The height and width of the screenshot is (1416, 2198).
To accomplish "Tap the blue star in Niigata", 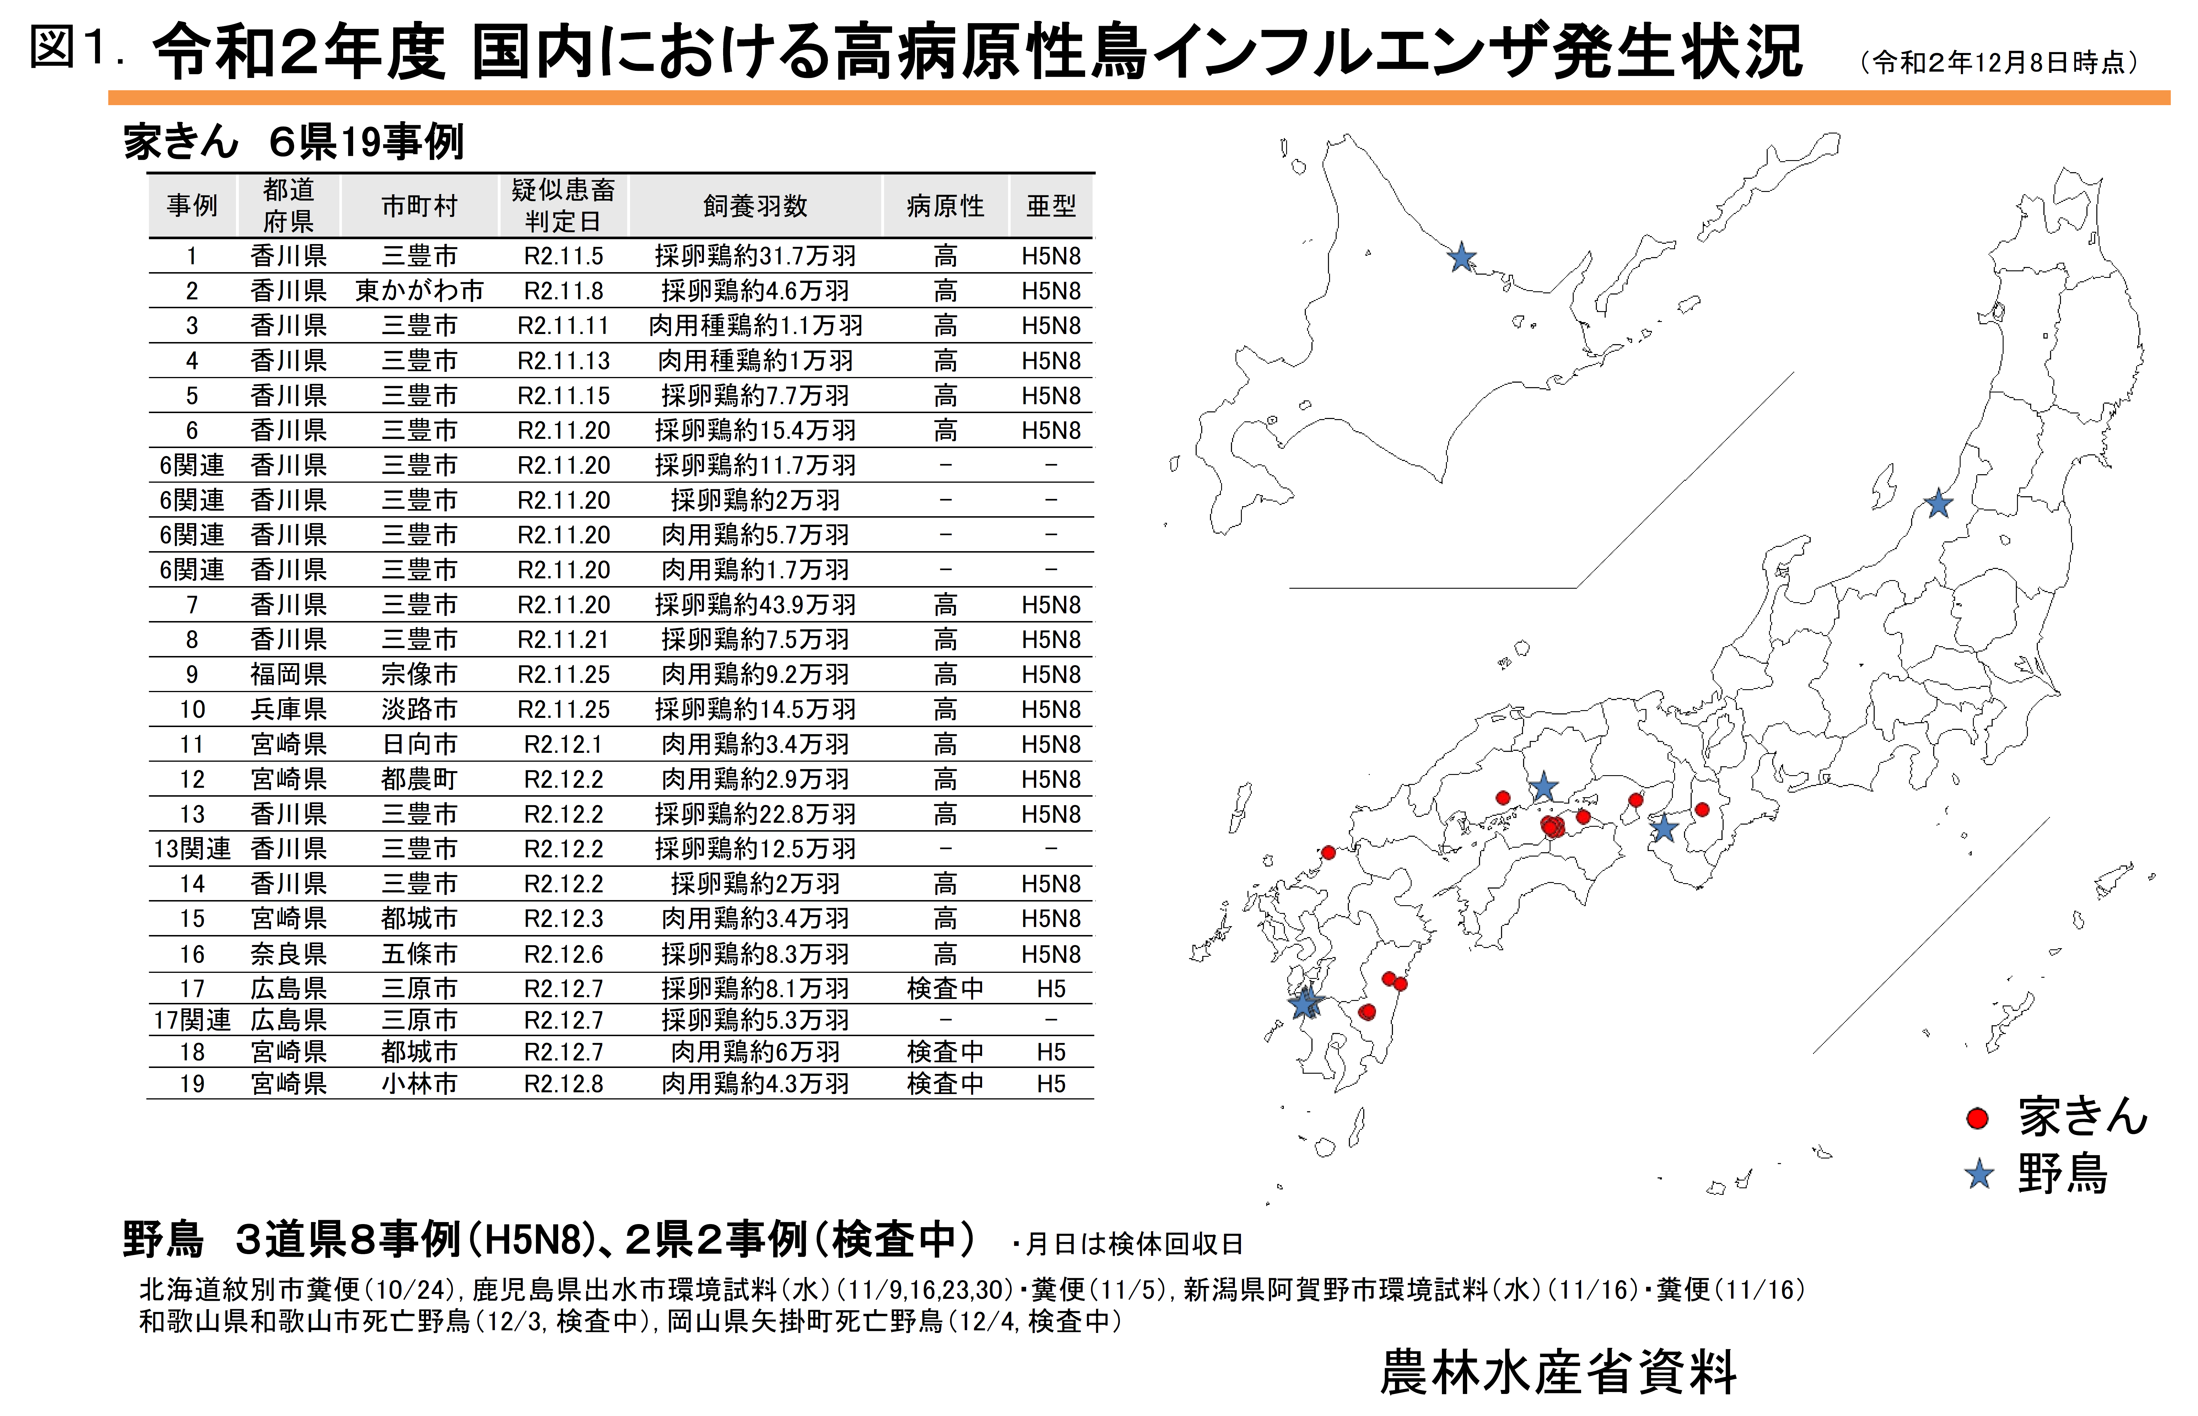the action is click(1939, 504).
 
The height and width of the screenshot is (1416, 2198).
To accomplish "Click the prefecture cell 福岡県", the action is click(289, 675).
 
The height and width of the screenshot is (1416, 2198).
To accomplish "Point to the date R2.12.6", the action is click(564, 955).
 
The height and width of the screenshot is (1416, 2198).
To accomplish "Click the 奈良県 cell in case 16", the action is click(289, 955).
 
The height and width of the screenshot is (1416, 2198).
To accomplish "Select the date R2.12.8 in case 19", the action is click(564, 1084).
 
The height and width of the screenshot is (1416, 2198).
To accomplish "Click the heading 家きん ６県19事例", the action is click(294, 142).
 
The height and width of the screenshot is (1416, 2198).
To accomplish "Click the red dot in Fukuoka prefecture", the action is click(1328, 853).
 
